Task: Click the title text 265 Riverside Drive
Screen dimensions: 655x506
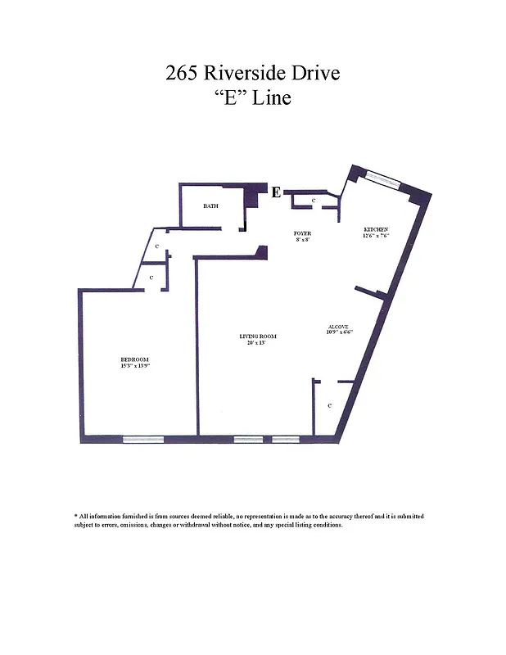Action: tap(252, 73)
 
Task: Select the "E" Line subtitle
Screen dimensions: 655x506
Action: tap(252, 99)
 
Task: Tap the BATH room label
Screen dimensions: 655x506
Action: tap(210, 206)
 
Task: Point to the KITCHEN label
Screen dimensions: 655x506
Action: tap(376, 228)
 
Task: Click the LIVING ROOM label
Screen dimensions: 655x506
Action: tap(258, 337)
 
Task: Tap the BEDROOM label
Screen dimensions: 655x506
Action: tap(135, 359)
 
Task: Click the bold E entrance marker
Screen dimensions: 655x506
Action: tap(276, 193)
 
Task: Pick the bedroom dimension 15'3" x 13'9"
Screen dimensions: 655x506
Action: tap(135, 366)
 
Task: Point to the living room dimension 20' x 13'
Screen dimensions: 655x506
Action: tap(258, 343)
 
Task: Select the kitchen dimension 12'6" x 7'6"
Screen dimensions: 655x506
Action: tap(376, 235)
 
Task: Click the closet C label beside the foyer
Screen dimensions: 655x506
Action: tap(314, 201)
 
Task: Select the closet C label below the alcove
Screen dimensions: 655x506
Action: tap(329, 405)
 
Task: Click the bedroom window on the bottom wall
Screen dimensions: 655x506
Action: tap(142, 439)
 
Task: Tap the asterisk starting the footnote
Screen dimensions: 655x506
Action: tap(76, 516)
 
